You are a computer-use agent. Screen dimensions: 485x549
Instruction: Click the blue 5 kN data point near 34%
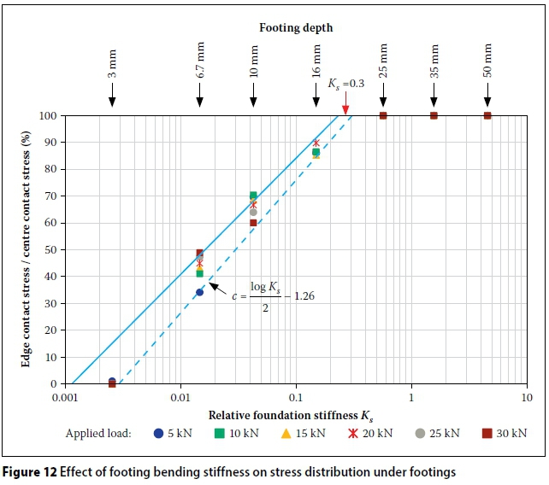click(x=199, y=292)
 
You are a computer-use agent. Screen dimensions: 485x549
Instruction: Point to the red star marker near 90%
click(x=316, y=143)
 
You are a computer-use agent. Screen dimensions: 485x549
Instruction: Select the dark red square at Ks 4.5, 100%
click(x=487, y=115)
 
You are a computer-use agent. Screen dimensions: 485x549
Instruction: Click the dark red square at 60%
click(x=253, y=223)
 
